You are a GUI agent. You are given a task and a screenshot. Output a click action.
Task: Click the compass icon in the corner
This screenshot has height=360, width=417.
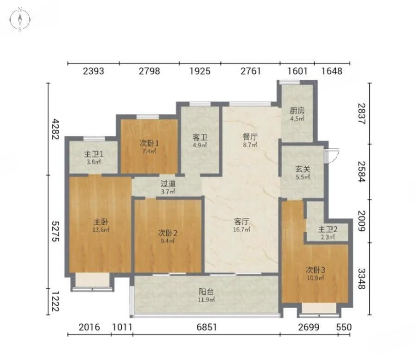tap(20, 19)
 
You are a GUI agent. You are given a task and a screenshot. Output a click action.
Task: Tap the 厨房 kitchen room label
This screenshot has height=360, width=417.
tap(297, 110)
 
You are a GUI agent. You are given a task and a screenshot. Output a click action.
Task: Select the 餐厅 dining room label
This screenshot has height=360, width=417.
tap(250, 137)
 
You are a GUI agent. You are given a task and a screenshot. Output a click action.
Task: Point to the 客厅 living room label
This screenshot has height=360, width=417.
tap(241, 221)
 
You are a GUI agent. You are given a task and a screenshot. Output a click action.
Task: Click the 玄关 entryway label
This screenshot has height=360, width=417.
tap(303, 169)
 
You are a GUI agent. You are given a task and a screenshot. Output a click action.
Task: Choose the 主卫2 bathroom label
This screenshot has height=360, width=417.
tap(328, 229)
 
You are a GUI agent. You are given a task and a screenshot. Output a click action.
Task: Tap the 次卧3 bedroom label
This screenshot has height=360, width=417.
tap(315, 270)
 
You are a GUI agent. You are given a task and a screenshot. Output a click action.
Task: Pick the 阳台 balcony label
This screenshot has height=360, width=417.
tap(206, 292)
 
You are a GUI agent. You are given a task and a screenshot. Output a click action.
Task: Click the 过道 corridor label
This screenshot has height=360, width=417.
tap(168, 183)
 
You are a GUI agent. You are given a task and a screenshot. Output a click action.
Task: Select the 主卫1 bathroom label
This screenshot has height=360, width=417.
tap(94, 154)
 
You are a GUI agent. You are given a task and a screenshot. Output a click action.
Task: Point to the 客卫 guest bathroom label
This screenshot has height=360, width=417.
tap(200, 137)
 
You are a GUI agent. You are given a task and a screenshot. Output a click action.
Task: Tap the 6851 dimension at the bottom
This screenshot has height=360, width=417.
tap(207, 327)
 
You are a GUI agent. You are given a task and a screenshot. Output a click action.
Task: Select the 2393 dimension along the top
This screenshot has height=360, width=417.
tap(93, 71)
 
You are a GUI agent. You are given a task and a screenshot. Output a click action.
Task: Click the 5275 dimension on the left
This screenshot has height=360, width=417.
tap(55, 231)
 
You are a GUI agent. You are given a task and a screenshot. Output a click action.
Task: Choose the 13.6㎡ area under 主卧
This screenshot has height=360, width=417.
tap(101, 230)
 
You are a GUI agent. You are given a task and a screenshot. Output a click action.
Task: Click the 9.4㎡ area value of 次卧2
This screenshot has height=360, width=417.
tap(168, 241)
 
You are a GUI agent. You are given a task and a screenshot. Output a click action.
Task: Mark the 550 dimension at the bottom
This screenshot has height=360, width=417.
tap(344, 327)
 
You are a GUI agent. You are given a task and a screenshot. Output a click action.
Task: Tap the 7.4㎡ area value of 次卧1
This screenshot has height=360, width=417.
tap(149, 152)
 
